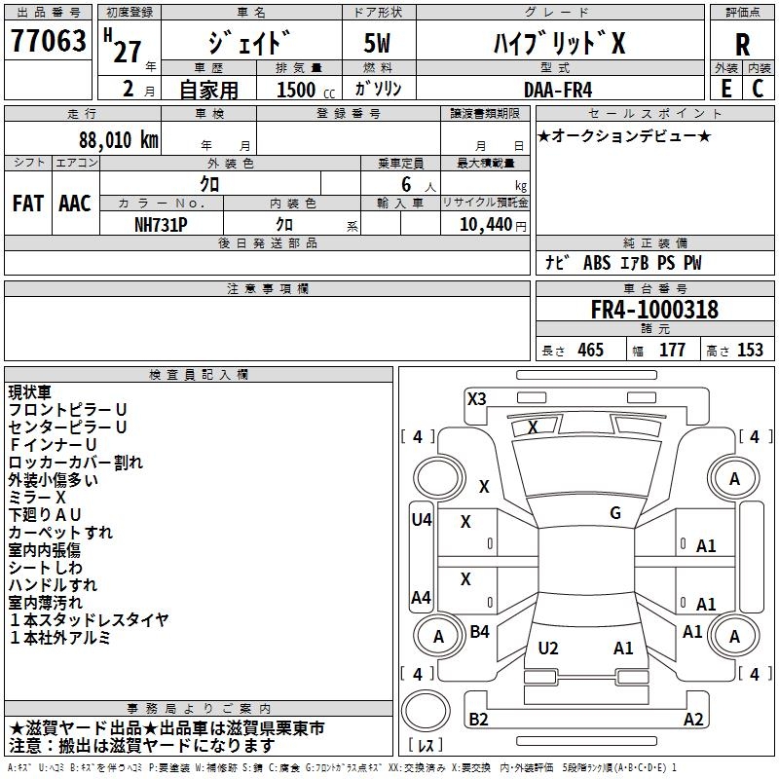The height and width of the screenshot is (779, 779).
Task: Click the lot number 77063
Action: click(x=48, y=42)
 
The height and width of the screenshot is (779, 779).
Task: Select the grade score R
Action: click(x=742, y=44)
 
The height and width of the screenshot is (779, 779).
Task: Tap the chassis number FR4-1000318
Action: click(x=654, y=310)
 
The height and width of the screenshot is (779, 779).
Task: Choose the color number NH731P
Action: click(x=162, y=223)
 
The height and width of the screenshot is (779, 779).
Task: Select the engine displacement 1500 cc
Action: click(x=298, y=90)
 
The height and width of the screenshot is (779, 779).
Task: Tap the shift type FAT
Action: click(x=27, y=204)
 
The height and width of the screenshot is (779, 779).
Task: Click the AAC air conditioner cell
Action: click(x=75, y=204)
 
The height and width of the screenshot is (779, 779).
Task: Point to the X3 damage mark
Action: click(x=476, y=398)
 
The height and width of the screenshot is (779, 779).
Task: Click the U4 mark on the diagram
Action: click(x=421, y=520)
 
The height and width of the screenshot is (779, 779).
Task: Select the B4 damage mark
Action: click(x=479, y=632)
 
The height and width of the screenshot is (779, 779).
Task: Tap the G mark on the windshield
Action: click(x=615, y=512)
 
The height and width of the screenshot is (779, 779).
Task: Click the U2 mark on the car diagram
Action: click(x=548, y=648)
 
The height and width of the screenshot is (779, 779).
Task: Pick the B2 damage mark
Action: click(x=478, y=719)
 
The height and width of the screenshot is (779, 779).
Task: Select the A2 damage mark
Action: click(x=693, y=719)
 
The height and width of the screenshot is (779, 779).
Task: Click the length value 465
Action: click(x=590, y=350)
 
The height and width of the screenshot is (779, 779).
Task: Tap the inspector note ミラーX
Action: click(x=37, y=497)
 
